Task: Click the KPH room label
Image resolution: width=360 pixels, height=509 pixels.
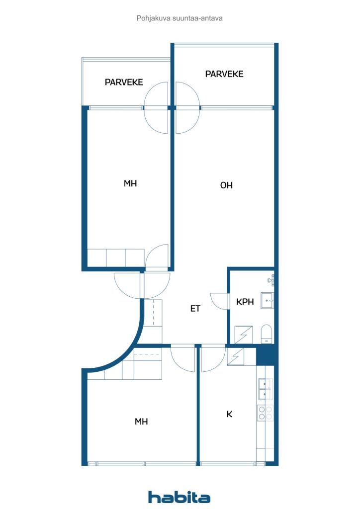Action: coord(245,302)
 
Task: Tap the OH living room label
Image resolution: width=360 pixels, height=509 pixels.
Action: coord(226,185)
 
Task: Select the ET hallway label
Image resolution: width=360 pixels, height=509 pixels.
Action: coord(195,308)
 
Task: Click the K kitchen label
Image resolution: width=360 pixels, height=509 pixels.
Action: coord(229,414)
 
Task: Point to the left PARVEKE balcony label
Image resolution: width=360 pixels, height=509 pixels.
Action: coord(124,82)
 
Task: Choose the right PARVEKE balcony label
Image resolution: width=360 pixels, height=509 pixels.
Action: coord(224,74)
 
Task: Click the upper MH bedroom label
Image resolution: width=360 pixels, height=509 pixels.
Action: coord(130,183)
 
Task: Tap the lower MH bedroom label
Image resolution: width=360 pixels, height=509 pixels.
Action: coord(141,422)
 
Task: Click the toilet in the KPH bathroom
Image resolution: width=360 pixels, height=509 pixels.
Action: coord(267,333)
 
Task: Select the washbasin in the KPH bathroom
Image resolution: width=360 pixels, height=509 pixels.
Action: coord(267,301)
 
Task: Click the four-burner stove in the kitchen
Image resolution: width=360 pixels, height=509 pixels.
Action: coord(265,413)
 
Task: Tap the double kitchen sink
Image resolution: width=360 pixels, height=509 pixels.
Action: coord(265,389)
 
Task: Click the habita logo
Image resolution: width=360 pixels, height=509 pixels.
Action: coord(179,497)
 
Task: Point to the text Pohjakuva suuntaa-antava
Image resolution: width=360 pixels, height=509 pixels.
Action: coord(180,18)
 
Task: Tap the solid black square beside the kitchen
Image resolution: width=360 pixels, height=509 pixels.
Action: coord(267,355)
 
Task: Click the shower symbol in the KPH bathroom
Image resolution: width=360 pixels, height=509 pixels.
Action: coord(244,334)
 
